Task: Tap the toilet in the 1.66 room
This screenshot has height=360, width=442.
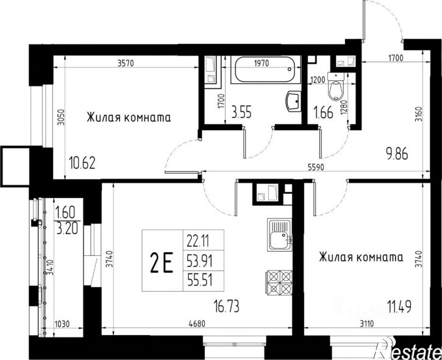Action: tap(336, 86)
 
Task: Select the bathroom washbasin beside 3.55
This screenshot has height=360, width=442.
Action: tap(293, 102)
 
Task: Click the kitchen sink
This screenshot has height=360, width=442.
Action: tap(279, 235)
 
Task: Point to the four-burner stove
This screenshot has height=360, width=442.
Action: tap(279, 282)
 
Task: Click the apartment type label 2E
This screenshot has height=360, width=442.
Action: tap(161, 263)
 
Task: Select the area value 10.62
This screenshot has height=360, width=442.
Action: tap(82, 163)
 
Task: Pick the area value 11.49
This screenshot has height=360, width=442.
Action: tap(399, 306)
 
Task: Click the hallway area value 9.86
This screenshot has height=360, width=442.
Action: tap(397, 154)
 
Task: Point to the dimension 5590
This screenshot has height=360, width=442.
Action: tap(316, 168)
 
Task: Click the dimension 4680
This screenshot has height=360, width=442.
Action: tap(197, 323)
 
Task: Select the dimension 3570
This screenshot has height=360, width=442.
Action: tap(126, 64)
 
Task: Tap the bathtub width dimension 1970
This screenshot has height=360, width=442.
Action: tap(262, 63)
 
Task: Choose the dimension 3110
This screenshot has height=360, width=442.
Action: tap(366, 323)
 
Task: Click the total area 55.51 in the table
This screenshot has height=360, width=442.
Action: tap(199, 281)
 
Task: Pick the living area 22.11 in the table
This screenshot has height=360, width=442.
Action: tap(198, 241)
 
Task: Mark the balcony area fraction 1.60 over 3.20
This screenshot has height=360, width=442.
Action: tap(67, 221)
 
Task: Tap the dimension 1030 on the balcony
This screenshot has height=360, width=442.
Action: tap(62, 324)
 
